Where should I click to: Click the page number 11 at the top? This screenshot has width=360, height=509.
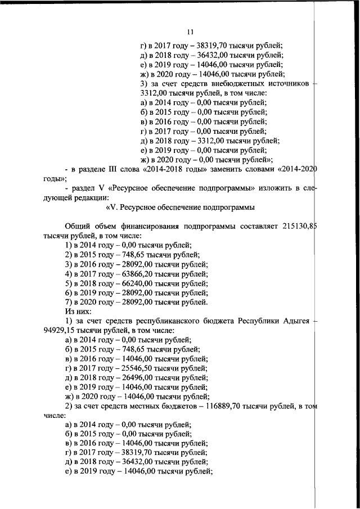coord(190,32)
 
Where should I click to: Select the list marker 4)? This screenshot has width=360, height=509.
coord(69,273)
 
